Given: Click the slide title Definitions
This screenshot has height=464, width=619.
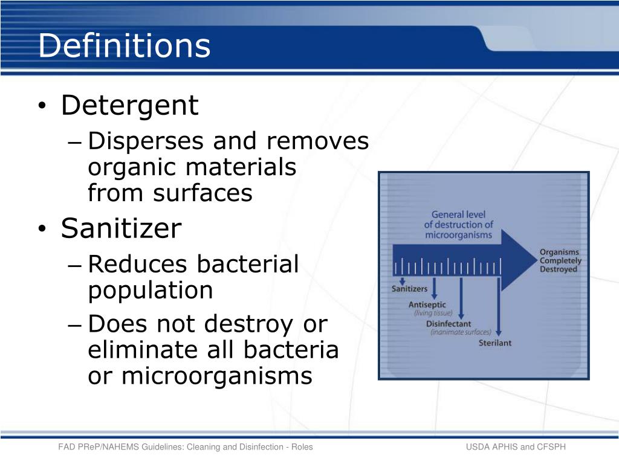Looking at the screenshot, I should (x=124, y=46).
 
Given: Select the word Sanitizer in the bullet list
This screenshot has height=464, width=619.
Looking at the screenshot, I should (x=121, y=228).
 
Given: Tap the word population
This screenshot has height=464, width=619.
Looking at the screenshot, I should (x=151, y=290).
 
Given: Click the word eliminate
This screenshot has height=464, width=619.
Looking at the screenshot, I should (x=131, y=350).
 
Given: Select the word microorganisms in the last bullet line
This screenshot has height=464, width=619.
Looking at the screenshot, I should (x=216, y=376).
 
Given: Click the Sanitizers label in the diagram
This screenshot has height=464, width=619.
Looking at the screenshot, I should (x=409, y=289).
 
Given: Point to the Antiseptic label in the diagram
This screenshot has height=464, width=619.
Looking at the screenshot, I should (x=427, y=304).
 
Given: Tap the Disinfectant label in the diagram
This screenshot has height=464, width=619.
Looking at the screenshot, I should (x=448, y=324).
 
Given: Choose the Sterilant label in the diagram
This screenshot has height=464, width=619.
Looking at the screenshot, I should (x=495, y=343).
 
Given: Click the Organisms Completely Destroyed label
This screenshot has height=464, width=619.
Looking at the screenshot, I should (x=560, y=261).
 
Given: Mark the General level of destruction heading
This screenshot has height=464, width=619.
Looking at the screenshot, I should (x=458, y=224).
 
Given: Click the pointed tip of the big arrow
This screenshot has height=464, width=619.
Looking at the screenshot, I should (x=536, y=260).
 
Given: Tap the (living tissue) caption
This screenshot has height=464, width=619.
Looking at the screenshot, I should (x=433, y=314).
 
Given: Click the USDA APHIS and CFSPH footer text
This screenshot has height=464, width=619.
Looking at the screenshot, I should (x=515, y=447).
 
